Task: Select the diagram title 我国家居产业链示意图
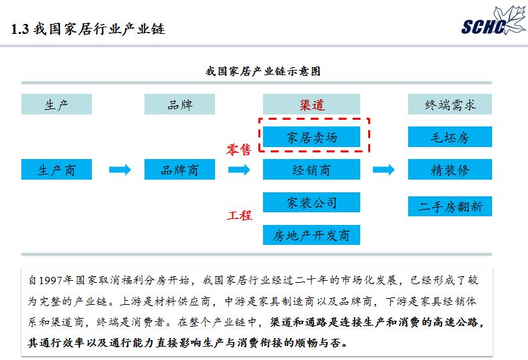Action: point(263,71)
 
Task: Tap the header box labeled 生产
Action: point(57,104)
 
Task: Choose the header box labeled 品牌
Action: point(180,104)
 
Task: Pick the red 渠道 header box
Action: point(312,104)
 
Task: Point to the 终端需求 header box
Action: point(450,104)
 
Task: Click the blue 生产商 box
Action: point(57,170)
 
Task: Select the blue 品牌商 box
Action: point(180,170)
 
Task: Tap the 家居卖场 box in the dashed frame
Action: point(312,137)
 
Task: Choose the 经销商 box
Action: point(312,170)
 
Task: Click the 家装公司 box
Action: point(312,202)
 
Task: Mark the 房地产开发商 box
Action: point(312,234)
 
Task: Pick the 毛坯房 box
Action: point(450,137)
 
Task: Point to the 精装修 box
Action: point(450,170)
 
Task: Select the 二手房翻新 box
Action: point(450,206)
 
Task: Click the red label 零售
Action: point(239,150)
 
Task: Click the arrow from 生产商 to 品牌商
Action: point(120,170)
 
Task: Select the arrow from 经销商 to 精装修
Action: point(384,170)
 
